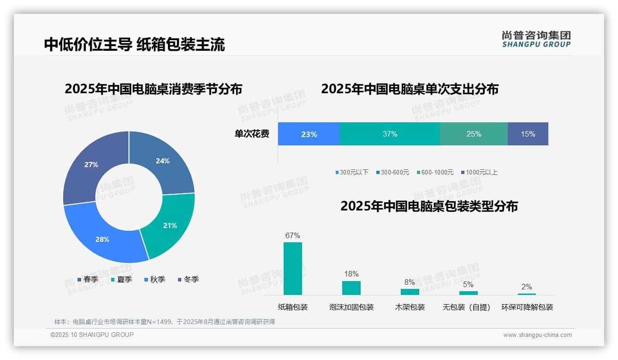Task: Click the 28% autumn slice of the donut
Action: pyautogui.click(x=102, y=239)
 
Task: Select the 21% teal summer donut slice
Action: pyautogui.click(x=170, y=226)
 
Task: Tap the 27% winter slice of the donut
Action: pyautogui.click(x=91, y=164)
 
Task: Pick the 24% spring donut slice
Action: pyautogui.click(x=163, y=161)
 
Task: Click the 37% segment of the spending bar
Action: pyautogui.click(x=390, y=134)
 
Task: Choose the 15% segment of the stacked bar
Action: pyautogui.click(x=528, y=134)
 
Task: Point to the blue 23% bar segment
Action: pyautogui.click(x=309, y=134)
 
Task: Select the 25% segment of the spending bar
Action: pyautogui.click(x=474, y=134)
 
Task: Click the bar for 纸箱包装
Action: pyautogui.click(x=293, y=269)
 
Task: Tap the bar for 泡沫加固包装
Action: pyautogui.click(x=351, y=288)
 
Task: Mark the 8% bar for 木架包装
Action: pyautogui.click(x=410, y=292)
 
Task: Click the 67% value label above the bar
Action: pyautogui.click(x=293, y=235)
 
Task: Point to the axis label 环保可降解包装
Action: pyautogui.click(x=527, y=307)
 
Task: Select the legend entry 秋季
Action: pyautogui.click(x=155, y=279)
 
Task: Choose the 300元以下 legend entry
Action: pyautogui.click(x=352, y=172)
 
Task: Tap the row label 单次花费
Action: pyautogui.click(x=252, y=134)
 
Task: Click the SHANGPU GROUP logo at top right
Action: pyautogui.click(x=536, y=39)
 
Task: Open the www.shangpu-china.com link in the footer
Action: pyautogui.click(x=537, y=335)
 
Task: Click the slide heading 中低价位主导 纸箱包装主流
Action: pyautogui.click(x=135, y=44)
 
